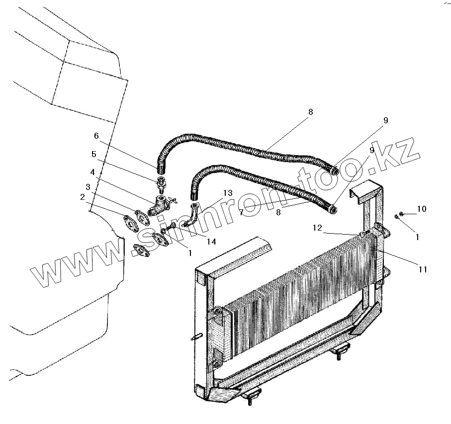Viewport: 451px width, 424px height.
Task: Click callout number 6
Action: coord(96,136)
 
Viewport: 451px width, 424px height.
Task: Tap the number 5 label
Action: coord(94,154)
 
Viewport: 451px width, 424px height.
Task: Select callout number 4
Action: coord(92,172)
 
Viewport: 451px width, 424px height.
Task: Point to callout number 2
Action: coord(83,196)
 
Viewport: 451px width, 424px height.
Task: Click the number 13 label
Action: coord(228,193)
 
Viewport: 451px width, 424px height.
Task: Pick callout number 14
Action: coord(211,242)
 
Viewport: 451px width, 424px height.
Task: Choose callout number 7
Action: coord(241,212)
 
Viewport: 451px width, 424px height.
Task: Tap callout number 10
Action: coord(421,209)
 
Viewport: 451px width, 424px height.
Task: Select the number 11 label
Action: coord(423,269)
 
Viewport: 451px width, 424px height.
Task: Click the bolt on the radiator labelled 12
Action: coord(362,233)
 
